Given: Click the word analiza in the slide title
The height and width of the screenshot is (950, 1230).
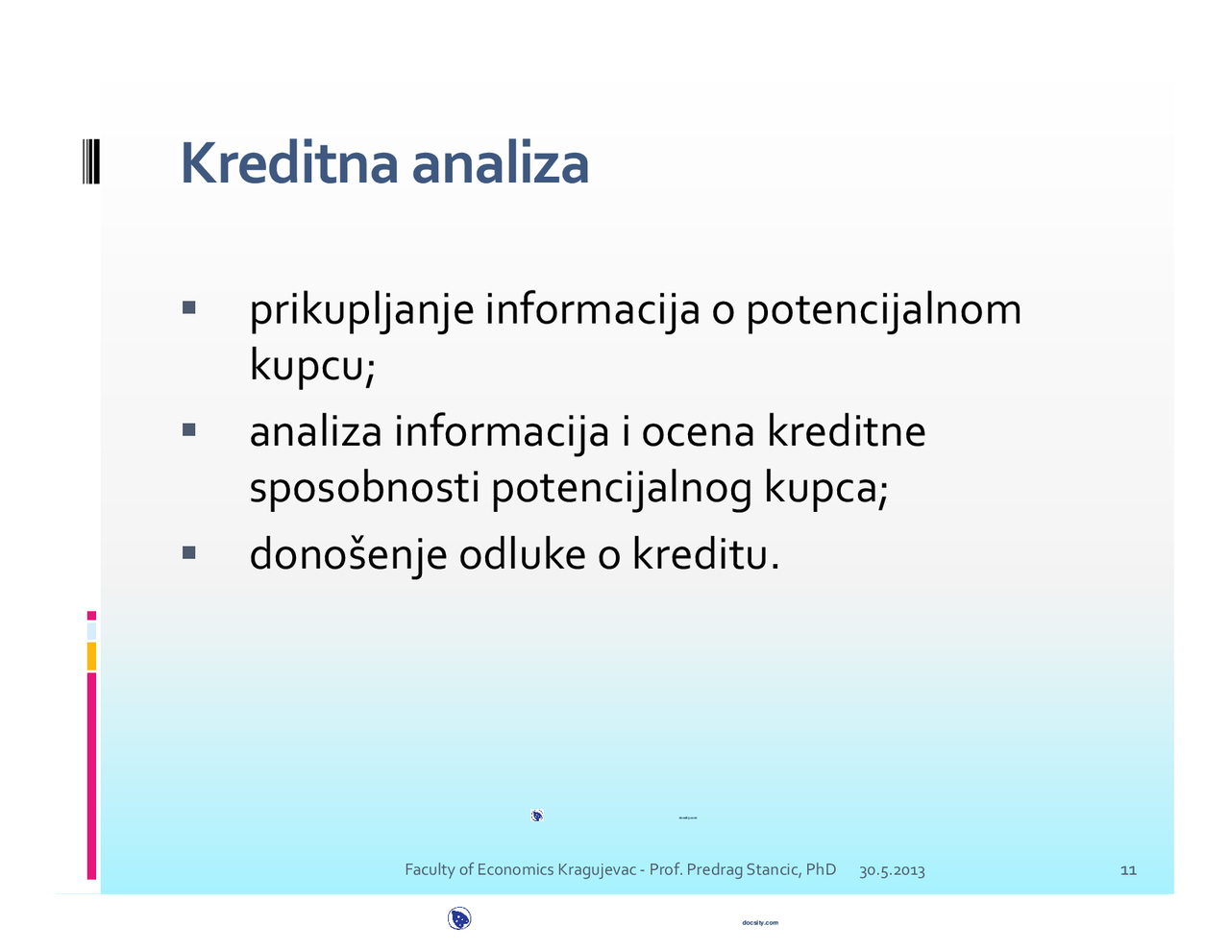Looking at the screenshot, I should pyautogui.click(x=500, y=163).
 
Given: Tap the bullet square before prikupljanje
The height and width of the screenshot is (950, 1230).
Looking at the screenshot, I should pyautogui.click(x=188, y=308).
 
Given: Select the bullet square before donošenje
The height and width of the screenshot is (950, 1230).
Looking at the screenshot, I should pyautogui.click(x=188, y=552).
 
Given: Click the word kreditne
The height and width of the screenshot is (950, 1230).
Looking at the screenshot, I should pyautogui.click(x=846, y=431).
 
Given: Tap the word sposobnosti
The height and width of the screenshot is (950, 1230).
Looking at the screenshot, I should pyautogui.click(x=364, y=488).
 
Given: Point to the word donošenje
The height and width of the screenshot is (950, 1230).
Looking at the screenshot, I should pyautogui.click(x=348, y=555).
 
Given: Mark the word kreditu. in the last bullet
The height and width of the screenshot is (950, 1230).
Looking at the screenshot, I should pyautogui.click(x=705, y=554).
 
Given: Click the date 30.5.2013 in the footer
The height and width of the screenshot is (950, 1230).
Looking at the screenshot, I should pyautogui.click(x=892, y=871).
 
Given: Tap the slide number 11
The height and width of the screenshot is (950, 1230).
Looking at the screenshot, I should pyautogui.click(x=1128, y=870).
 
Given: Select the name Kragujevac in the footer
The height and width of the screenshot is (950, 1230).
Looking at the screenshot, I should pyautogui.click(x=597, y=870).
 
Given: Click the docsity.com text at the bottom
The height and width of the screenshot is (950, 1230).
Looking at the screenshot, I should pyautogui.click(x=760, y=923).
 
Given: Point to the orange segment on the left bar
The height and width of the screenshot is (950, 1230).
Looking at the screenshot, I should pyautogui.click(x=91, y=656).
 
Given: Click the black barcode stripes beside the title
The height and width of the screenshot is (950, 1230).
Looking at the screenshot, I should pyautogui.click(x=90, y=161).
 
